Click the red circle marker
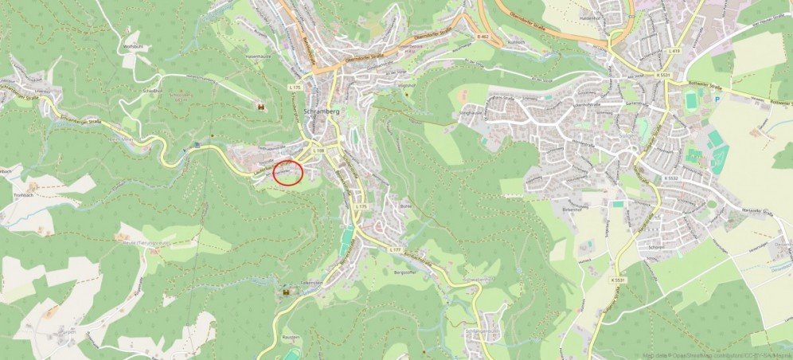pos(288,172)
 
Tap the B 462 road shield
pos(482,37)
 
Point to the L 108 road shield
pos(319,150)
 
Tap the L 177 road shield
pos(394,250)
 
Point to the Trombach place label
pos(24,194)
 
